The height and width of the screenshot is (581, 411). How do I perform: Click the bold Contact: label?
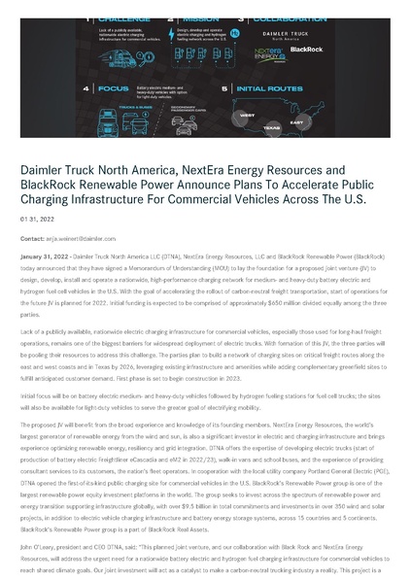coord(32,238)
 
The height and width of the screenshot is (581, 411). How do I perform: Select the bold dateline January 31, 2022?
coord(46,256)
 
